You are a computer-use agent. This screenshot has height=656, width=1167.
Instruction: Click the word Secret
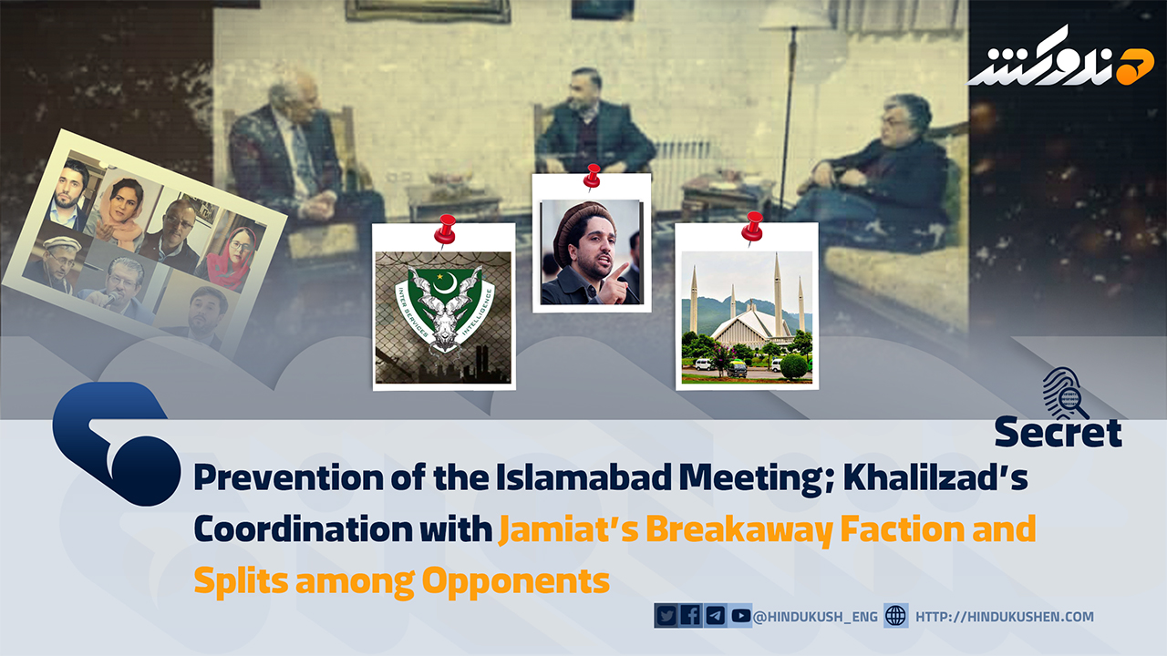pos(1059,432)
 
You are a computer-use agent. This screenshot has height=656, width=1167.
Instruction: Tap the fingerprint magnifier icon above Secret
pos(1064,394)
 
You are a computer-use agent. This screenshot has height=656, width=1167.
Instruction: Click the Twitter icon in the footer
pos(666,616)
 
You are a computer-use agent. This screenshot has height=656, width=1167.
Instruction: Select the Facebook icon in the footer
pos(690,616)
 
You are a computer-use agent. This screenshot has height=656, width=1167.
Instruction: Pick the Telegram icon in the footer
pos(716,616)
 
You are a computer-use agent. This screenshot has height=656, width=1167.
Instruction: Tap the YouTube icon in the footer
pos(740,616)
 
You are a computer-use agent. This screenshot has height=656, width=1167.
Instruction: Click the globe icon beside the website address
pos(895,616)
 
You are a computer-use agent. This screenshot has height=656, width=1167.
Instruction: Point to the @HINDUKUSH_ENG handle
pos(815,617)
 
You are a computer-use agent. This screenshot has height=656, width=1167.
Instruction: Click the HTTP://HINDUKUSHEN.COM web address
pos(1005,617)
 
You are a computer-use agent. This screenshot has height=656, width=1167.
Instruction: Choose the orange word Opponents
pos(516,582)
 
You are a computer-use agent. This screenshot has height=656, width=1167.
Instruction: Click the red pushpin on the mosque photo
pos(752,227)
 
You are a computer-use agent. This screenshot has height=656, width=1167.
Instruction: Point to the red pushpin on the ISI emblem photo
pos(445,230)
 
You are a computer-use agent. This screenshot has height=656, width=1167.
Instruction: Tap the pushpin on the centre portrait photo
pos(593,177)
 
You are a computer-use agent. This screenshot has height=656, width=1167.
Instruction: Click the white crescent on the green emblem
pos(447,284)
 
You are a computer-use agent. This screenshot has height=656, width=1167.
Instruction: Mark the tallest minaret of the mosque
pos(778,294)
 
